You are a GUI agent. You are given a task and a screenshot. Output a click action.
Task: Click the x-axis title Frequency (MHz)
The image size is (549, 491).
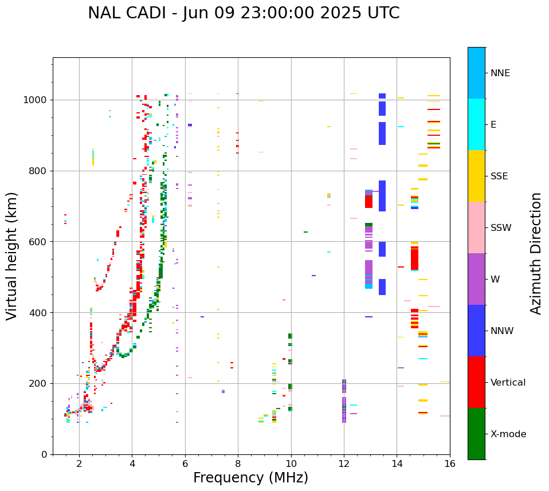tap(250, 478)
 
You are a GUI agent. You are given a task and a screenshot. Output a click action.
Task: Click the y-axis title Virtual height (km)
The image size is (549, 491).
tap(12, 256)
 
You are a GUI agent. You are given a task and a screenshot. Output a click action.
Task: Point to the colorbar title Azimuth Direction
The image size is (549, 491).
tap(536, 253)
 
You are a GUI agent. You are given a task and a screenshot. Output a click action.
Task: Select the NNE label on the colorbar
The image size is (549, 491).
tap(500, 73)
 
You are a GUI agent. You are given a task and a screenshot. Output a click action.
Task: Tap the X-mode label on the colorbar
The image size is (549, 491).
tap(508, 434)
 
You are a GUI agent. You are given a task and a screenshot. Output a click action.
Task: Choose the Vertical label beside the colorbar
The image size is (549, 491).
tap(508, 383)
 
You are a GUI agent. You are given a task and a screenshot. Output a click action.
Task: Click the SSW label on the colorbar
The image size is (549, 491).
tap(501, 228)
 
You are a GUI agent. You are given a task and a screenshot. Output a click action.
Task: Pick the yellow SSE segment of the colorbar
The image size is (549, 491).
tap(476, 176)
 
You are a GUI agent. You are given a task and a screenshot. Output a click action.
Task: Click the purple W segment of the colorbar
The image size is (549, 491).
tap(476, 279)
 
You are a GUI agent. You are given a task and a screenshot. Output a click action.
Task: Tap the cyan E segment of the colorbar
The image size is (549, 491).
tap(476, 124)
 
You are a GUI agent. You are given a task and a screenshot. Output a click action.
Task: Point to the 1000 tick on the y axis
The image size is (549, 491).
tap(38, 100)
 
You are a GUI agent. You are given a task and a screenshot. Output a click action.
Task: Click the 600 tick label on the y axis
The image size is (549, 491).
tap(40, 242)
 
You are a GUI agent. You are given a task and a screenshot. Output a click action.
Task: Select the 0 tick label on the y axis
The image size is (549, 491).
tap(45, 454)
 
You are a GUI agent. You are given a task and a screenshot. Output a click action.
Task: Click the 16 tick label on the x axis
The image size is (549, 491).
tap(450, 464)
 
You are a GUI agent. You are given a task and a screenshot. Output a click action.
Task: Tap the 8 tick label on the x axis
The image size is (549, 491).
tap(238, 464)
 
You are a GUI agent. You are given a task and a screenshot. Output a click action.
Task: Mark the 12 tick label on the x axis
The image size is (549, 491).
tap(344, 464)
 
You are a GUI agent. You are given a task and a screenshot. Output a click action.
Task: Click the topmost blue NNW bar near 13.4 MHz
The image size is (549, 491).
tap(382, 96)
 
